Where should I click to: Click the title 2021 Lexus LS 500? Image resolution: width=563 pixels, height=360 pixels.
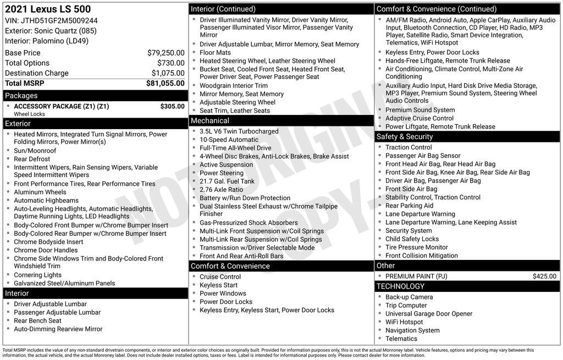click(48, 9)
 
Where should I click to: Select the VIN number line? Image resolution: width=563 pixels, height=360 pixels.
click(51, 20)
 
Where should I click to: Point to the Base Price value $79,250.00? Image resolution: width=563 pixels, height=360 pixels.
click(166, 53)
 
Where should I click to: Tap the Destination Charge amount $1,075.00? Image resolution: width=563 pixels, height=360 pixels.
click(168, 73)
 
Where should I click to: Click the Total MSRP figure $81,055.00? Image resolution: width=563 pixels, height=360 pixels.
click(165, 84)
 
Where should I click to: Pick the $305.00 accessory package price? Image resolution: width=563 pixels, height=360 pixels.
click(172, 107)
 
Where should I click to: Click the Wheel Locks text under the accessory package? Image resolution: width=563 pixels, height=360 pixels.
click(29, 114)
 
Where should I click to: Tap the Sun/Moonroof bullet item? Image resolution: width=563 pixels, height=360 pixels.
click(35, 151)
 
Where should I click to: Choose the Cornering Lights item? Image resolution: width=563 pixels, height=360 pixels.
click(37, 275)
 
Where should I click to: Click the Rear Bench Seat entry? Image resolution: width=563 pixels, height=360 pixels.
click(37, 320)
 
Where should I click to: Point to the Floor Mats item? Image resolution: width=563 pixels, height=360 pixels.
click(215, 53)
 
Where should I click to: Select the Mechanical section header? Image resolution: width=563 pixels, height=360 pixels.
click(209, 121)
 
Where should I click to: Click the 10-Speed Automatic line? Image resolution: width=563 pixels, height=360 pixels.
click(229, 140)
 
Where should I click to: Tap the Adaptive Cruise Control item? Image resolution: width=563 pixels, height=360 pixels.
click(419, 118)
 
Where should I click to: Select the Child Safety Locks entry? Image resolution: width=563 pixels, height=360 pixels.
click(412, 239)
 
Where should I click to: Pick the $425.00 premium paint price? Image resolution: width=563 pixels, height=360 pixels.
click(544, 276)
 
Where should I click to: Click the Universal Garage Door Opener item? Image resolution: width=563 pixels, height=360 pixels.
click(428, 314)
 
